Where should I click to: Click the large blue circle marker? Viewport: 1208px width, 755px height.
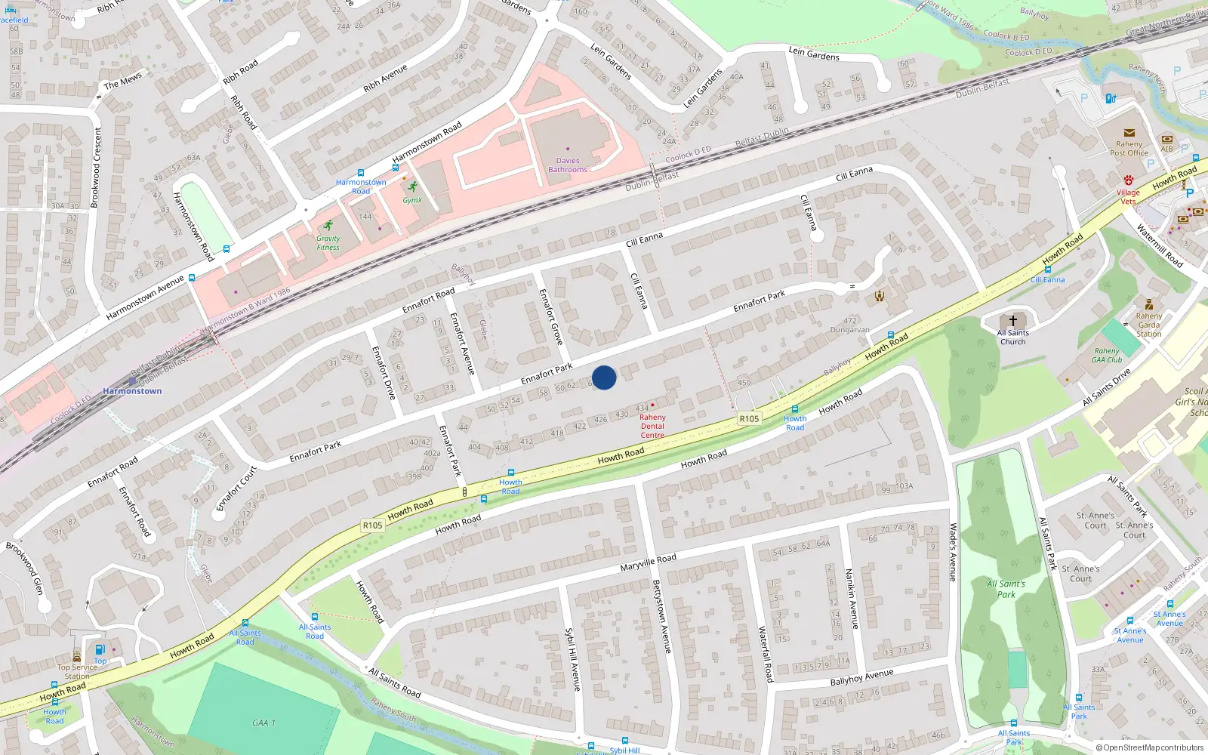coord(604,377)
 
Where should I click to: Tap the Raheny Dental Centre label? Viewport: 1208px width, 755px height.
coord(652,426)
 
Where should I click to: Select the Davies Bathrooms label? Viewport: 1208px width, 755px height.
coord(568,165)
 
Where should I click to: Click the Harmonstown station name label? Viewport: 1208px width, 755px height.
coord(132,391)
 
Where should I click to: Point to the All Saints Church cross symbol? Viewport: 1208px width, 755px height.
coord(1012,321)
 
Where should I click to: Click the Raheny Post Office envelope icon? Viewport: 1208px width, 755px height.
coord(1129,133)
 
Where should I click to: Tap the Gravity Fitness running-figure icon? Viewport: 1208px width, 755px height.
coord(328,226)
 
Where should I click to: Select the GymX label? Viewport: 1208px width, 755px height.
coord(412,200)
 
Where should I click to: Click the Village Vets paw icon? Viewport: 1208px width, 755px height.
coord(1128,180)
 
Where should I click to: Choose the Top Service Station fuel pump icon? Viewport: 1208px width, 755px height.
coord(100,650)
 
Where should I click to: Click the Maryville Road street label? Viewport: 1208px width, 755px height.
coord(648,562)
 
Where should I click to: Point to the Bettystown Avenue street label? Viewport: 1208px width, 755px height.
coord(661,617)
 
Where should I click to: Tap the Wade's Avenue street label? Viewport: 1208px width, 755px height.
coord(953,552)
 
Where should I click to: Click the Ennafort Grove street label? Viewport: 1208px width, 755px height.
coord(551,317)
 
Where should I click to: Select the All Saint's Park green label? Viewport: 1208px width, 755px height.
coord(1006,589)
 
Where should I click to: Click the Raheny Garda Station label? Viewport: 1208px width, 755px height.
coord(1149,325)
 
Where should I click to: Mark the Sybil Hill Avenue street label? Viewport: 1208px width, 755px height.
coord(573,658)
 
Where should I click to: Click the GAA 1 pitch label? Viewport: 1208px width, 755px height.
coord(263,723)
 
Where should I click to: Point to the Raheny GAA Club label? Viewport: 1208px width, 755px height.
coord(1107,355)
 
